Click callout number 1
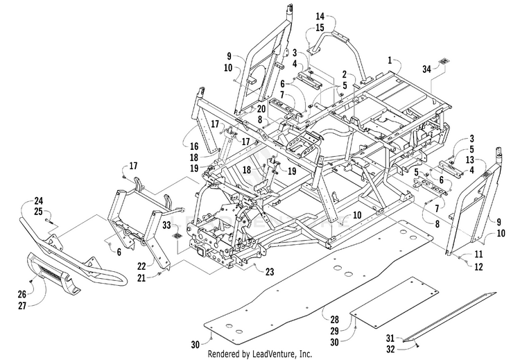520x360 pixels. click(390, 60)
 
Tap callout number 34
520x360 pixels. click(427, 69)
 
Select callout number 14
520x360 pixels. click(320, 16)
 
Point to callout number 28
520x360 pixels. click(335, 320)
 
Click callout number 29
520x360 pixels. click(335, 331)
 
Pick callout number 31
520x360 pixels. click(390, 338)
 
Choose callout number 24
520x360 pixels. click(38, 200)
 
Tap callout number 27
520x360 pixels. click(22, 305)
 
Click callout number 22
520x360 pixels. click(141, 266)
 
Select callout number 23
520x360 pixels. click(270, 272)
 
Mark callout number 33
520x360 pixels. click(166, 225)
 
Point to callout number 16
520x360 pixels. click(194, 146)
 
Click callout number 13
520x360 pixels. click(470, 160)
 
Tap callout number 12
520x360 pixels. click(478, 266)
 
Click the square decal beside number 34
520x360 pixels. click(444, 61)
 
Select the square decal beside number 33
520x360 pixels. click(177, 237)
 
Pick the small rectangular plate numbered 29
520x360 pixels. click(395, 302)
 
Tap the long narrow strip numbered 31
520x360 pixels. click(449, 317)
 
